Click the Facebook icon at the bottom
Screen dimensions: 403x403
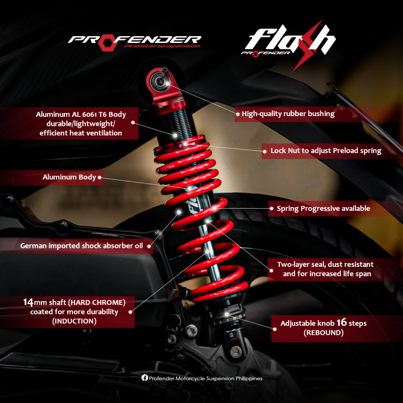coord(144,378)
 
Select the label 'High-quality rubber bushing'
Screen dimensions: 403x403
coord(288,114)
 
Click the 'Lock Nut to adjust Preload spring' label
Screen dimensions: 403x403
coord(326,150)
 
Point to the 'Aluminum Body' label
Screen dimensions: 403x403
coord(69,177)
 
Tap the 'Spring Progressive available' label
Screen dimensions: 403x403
coord(323,208)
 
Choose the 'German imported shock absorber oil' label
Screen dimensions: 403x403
coord(81,246)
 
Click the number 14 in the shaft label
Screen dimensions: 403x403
coord(28,302)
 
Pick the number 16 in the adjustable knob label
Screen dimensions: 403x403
coord(342,323)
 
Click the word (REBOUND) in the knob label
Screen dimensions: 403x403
coord(324,333)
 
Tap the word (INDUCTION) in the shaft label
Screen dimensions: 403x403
coord(74,321)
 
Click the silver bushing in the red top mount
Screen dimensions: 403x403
coord(161,81)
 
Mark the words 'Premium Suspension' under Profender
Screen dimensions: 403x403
coord(162,46)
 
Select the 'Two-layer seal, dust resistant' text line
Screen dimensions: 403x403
coord(325,264)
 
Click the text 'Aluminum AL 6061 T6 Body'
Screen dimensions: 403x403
coord(81,115)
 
